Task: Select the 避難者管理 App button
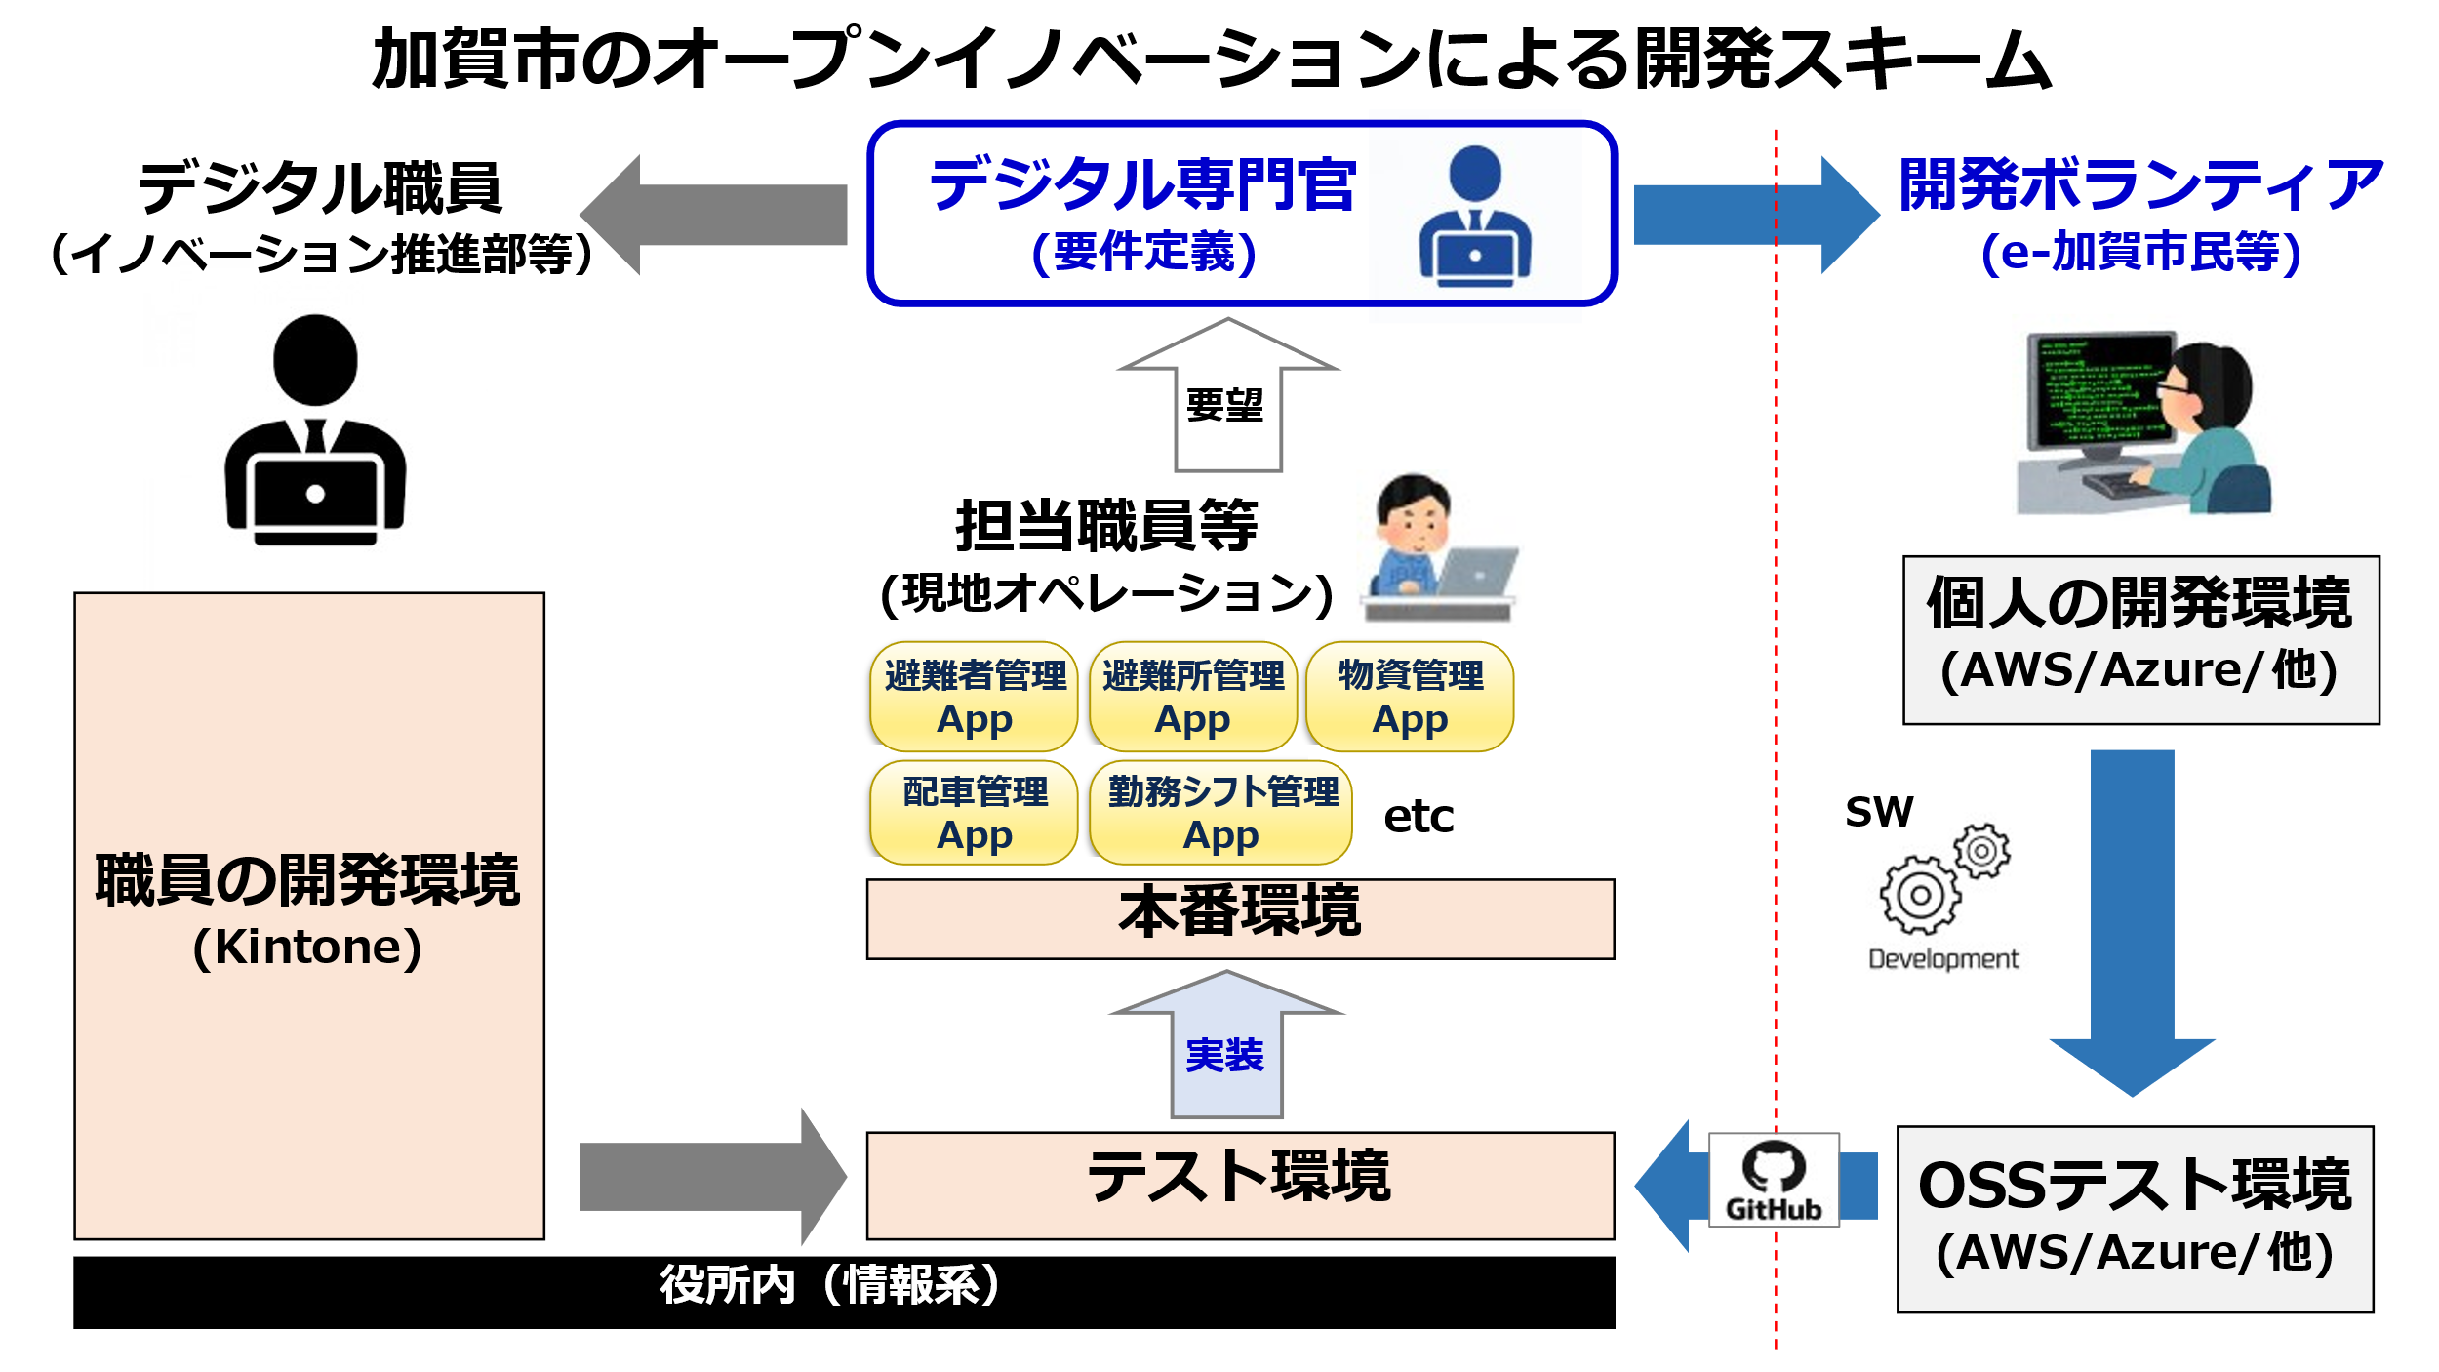coord(974,697)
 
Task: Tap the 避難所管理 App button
coord(1192,697)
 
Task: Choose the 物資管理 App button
coord(1410,697)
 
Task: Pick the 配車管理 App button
coord(974,813)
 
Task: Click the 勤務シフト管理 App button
coord(1220,813)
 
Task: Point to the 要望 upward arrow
coord(1227,395)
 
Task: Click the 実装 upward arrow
coord(1226,1044)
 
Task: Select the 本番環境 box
coord(1240,919)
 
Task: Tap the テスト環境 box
coord(1240,1186)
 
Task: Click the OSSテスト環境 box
coord(2135,1220)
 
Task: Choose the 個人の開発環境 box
coord(2140,640)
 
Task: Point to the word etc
coord(1419,816)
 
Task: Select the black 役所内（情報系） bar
coord(844,1292)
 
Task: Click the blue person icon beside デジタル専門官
coord(1474,217)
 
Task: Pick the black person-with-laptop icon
coord(314,429)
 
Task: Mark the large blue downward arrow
coord(2132,923)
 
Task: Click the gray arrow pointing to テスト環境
coord(712,1177)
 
